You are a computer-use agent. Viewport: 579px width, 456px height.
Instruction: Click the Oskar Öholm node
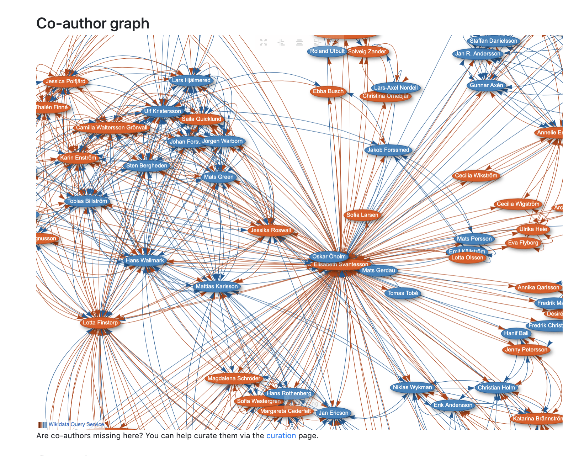329,256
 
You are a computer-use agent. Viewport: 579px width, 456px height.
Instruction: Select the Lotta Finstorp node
100,323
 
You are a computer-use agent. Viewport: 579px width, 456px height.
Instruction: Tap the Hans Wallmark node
145,260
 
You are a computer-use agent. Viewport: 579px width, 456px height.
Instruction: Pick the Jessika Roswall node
270,230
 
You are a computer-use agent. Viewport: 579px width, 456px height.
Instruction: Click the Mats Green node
218,177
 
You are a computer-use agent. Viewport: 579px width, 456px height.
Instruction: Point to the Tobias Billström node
87,201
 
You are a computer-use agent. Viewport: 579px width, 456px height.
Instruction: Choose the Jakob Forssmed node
388,150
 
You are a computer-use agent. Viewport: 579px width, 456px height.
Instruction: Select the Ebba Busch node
328,91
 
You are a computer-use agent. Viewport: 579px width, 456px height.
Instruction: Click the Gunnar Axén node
486,85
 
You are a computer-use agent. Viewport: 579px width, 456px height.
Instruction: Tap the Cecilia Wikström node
476,175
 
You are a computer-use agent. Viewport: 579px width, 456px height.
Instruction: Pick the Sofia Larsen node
362,215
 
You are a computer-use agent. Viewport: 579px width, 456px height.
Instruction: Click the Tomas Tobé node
403,293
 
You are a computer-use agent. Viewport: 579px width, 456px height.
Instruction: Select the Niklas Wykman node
412,387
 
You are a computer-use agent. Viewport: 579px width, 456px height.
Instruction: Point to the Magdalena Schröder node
234,378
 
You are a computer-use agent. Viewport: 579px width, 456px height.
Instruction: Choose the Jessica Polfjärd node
65,81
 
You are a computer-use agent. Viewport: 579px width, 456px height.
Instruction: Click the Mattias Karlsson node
217,286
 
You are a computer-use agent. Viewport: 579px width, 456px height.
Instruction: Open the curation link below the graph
281,436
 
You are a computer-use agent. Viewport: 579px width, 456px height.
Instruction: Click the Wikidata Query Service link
76,424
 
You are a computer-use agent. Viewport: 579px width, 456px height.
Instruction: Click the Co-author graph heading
93,23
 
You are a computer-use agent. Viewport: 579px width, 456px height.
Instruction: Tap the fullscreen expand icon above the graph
263,42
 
